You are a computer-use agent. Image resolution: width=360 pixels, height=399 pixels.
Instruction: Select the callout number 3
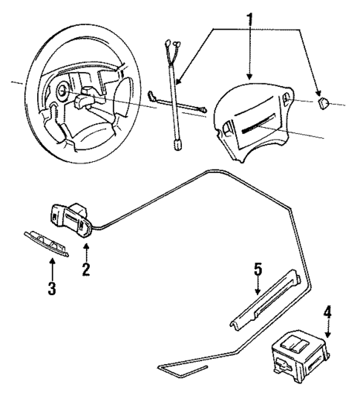click(51, 288)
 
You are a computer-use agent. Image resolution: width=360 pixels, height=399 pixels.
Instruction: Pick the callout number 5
click(258, 270)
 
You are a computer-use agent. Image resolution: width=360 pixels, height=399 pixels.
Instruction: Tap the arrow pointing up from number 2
click(86, 251)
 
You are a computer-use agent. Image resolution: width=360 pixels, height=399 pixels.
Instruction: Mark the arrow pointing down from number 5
click(258, 288)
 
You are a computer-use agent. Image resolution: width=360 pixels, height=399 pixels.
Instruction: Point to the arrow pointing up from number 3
click(51, 269)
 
